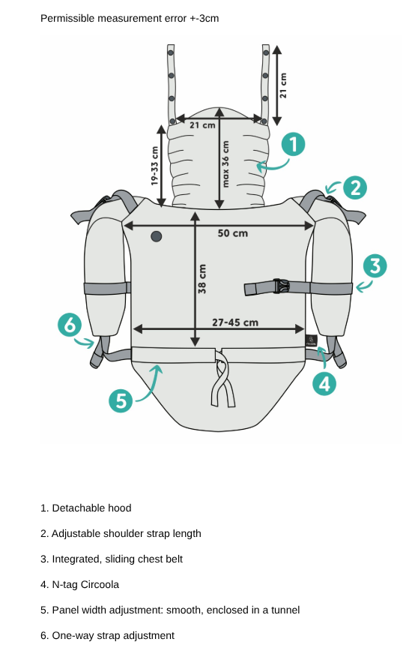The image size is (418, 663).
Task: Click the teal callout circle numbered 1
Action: click(293, 145)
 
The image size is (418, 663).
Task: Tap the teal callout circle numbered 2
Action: click(354, 187)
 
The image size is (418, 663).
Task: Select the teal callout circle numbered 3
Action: click(375, 266)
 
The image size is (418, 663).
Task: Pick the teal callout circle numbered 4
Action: click(324, 384)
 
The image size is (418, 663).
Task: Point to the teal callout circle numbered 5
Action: click(121, 400)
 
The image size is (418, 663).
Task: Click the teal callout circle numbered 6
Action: click(70, 325)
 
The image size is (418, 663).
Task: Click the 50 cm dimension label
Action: click(233, 233)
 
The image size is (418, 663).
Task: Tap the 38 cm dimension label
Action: click(202, 279)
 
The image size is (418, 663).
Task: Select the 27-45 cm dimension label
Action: click(235, 322)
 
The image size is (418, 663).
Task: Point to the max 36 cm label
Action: click(225, 164)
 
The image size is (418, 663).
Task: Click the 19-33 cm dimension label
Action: click(154, 166)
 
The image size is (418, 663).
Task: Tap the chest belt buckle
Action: click(281, 286)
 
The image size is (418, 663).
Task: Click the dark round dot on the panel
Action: click(157, 236)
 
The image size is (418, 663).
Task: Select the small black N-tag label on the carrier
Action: click(311, 340)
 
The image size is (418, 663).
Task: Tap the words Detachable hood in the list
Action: click(91, 508)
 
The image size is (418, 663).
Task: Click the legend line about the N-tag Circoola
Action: click(80, 584)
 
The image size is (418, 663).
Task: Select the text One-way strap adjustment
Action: click(113, 635)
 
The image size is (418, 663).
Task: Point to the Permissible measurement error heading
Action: click(130, 18)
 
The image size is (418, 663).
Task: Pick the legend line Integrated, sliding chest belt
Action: click(112, 559)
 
